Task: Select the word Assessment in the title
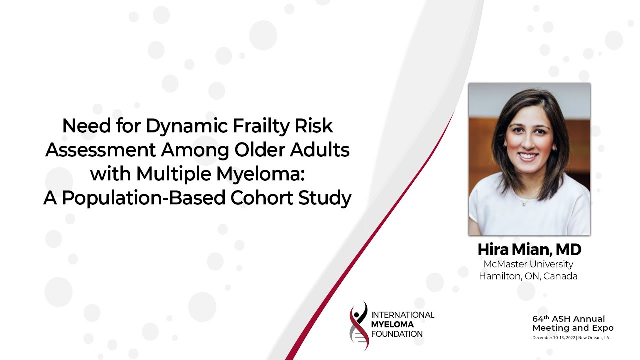97,150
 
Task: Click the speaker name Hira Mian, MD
529,249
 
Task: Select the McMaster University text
528,264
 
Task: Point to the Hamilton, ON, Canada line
528,276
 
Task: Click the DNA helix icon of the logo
359,325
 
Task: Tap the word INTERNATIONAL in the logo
403,315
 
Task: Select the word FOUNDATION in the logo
397,334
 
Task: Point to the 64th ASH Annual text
568,319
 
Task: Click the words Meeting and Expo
573,328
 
